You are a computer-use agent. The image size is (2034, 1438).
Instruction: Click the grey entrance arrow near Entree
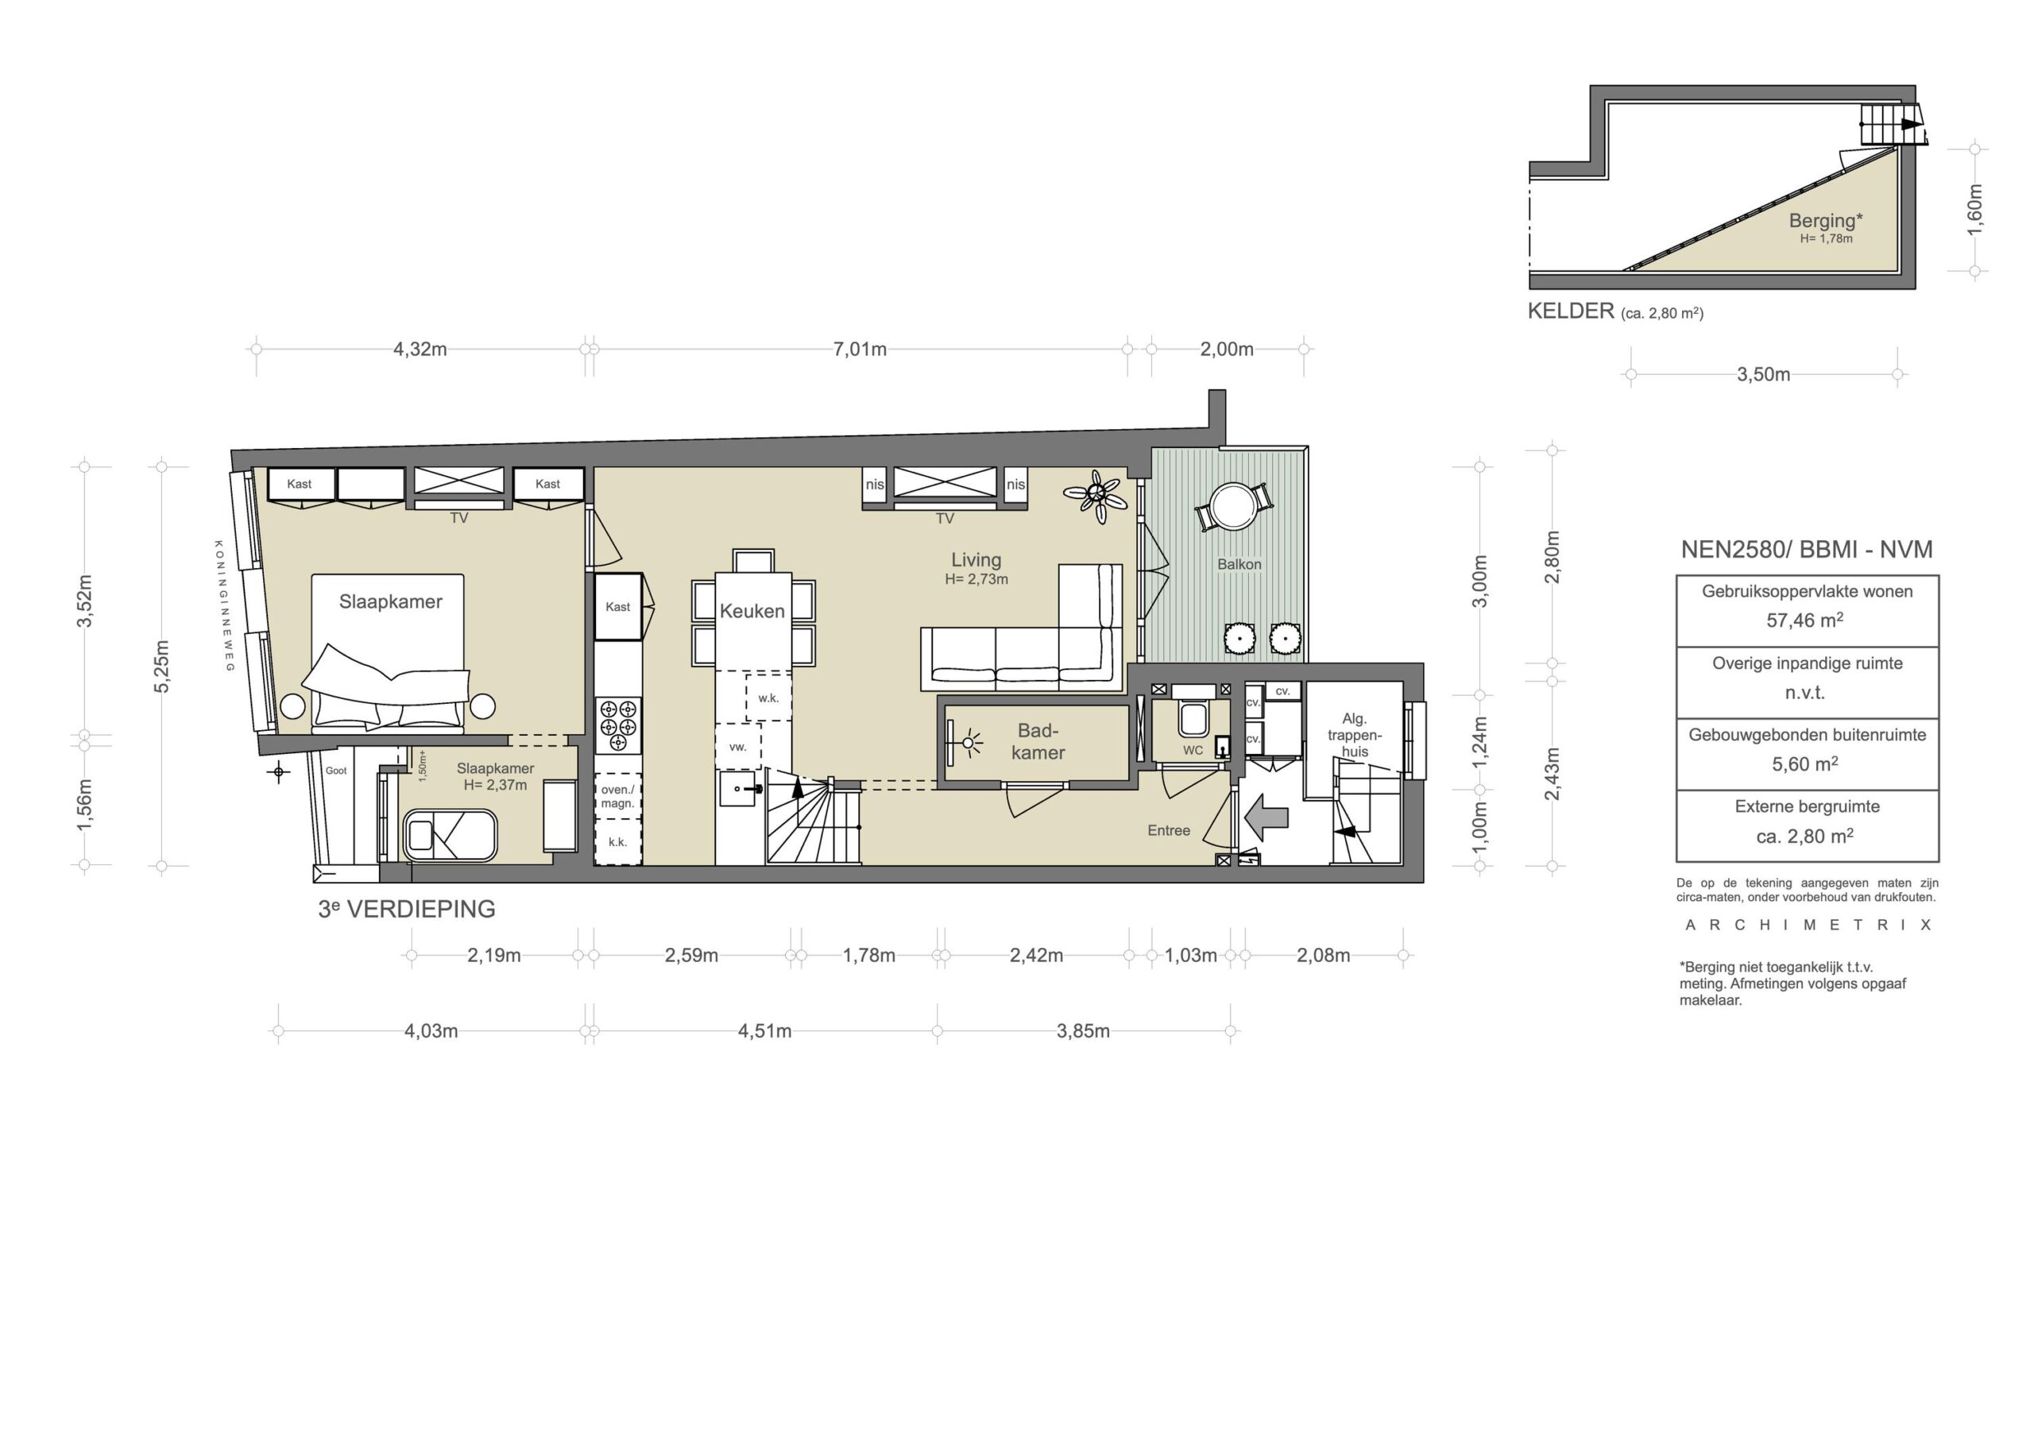coord(1266,817)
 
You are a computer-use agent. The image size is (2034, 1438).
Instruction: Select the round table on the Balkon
coord(1232,506)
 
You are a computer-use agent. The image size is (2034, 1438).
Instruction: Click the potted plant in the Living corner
coord(1096,497)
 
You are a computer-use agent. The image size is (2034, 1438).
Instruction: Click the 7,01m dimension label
coord(860,349)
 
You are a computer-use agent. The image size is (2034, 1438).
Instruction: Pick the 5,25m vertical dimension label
coord(161,667)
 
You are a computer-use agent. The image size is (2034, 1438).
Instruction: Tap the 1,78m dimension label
coord(868,955)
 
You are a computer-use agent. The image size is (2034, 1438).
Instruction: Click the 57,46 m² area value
coord(1804,620)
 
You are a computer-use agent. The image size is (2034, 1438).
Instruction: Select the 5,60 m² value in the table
coord(1804,763)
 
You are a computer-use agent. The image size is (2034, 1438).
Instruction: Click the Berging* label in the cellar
coord(1825,221)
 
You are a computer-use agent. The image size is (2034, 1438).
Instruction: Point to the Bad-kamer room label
coord(1038,741)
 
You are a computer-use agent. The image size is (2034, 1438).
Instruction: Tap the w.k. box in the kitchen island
coord(768,698)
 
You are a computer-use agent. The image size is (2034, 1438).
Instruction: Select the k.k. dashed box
coord(617,841)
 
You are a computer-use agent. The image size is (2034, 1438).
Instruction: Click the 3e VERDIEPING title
coord(407,909)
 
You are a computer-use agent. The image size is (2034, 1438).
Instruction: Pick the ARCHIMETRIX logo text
coord(1808,925)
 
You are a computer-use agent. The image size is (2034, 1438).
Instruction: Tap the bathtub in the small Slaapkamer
coord(450,835)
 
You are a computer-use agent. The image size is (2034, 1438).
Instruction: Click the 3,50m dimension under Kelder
coord(1763,375)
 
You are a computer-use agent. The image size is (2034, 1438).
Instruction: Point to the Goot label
coord(336,771)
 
